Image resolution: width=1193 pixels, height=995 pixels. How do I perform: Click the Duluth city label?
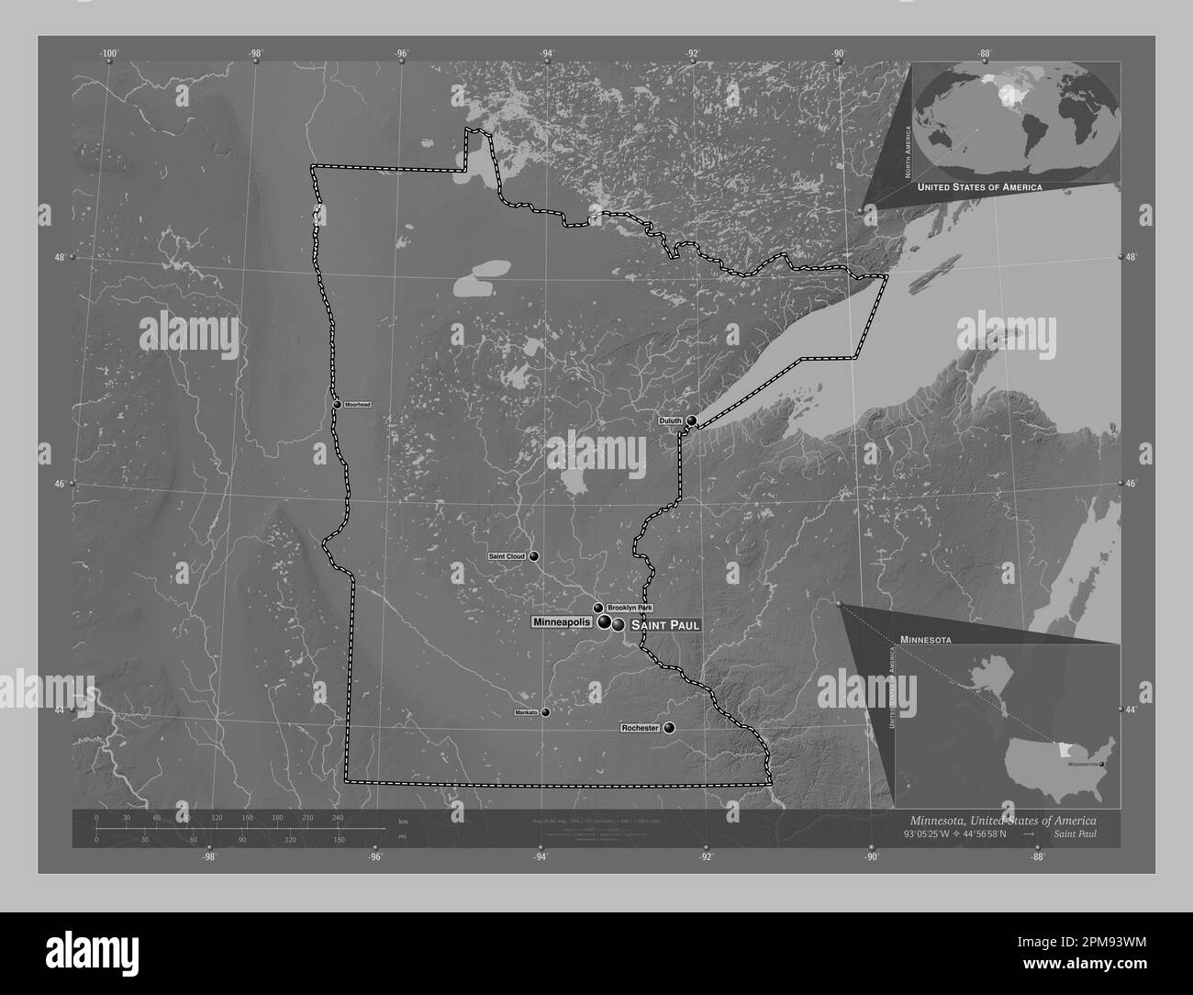point(670,420)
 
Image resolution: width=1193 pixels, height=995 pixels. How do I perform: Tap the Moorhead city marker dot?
point(337,405)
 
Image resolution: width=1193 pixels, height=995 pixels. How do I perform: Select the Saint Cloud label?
point(507,557)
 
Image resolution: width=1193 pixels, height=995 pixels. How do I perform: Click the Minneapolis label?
point(562,622)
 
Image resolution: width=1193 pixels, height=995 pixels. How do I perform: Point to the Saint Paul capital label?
point(665,625)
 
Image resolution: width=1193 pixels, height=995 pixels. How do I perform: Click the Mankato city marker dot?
point(545,712)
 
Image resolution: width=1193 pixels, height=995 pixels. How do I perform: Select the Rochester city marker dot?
point(669,728)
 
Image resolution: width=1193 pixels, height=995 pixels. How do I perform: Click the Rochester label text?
point(640,728)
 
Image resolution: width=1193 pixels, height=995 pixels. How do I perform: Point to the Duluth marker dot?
point(691,420)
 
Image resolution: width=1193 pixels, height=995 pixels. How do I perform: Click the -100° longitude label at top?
point(109,54)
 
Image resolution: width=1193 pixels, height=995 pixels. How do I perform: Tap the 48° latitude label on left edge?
point(59,258)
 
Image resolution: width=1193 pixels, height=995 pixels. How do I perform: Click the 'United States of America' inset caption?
point(979,186)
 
